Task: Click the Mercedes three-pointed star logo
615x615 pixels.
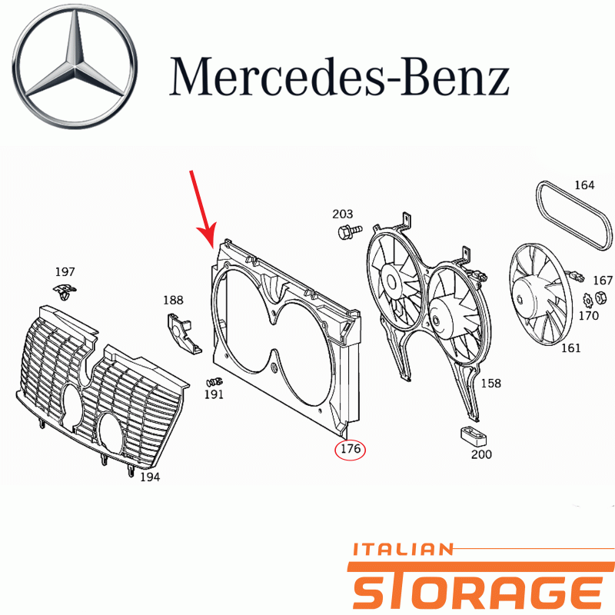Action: tap(75, 66)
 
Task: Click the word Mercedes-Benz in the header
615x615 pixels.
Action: tap(339, 77)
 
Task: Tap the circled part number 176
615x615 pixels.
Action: tap(350, 450)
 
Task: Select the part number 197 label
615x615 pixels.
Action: tap(65, 271)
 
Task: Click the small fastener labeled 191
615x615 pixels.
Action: tap(214, 381)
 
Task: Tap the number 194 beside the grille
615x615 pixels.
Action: tap(150, 477)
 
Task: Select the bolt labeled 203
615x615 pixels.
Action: tap(350, 231)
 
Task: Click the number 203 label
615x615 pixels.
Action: tap(342, 214)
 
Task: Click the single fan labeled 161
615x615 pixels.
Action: tap(540, 295)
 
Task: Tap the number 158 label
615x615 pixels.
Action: tap(491, 383)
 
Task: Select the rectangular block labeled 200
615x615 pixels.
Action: tap(473, 436)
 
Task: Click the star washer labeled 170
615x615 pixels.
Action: tap(587, 301)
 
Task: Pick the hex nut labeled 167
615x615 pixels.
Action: tap(600, 298)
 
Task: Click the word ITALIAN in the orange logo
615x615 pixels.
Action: tap(403, 550)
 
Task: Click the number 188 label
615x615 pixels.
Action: tap(174, 301)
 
